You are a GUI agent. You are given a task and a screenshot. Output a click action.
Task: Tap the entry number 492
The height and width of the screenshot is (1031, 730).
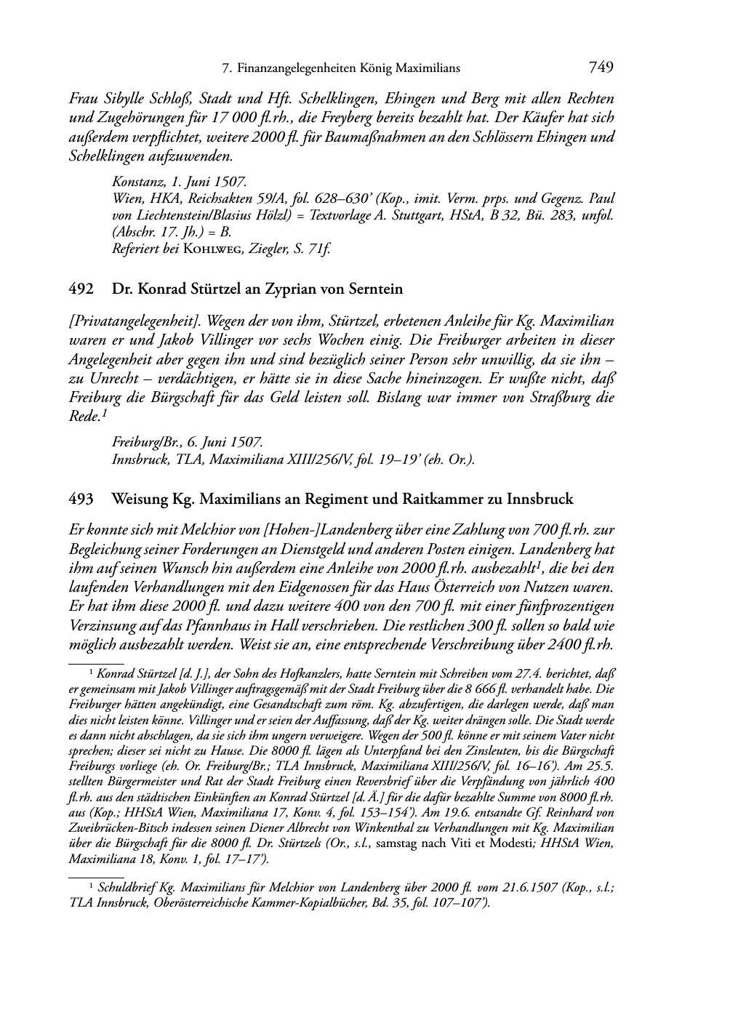pyautogui.click(x=80, y=289)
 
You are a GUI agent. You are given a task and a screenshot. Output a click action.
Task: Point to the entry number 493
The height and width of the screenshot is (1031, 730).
pyautogui.click(x=80, y=500)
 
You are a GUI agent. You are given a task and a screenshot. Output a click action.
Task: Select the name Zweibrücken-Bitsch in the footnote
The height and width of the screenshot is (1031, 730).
pyautogui.click(x=113, y=828)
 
